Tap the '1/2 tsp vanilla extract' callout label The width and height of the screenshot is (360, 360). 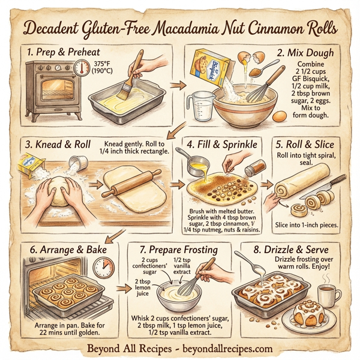(182, 259)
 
